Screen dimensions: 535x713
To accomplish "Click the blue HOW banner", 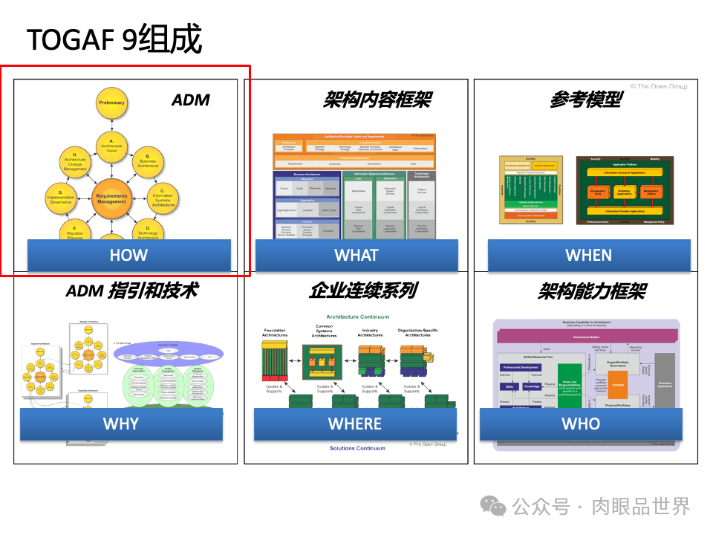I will tap(128, 255).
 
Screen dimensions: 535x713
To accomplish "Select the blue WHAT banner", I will tap(356, 255).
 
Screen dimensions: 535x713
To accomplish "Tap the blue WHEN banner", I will tap(588, 255).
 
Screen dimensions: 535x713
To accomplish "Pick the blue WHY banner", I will tap(121, 424).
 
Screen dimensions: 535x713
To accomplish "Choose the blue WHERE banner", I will tap(355, 424).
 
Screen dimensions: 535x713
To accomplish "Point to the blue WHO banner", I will tap(581, 424).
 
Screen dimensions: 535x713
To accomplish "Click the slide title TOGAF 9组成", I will tap(114, 39).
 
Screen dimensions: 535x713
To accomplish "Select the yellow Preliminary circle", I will tap(111, 103).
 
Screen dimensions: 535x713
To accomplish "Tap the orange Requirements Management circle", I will tap(111, 199).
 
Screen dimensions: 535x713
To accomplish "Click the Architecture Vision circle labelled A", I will tap(111, 146).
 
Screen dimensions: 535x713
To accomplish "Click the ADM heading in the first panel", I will tap(191, 100).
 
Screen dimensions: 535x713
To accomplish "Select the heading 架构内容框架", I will tap(377, 100).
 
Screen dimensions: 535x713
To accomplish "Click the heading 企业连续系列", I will tap(362, 291).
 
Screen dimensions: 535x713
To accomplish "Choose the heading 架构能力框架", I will tap(591, 291).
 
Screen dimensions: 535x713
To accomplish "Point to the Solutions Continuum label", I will tap(358, 448).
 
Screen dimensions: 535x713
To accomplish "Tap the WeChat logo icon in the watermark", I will tap(493, 506).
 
